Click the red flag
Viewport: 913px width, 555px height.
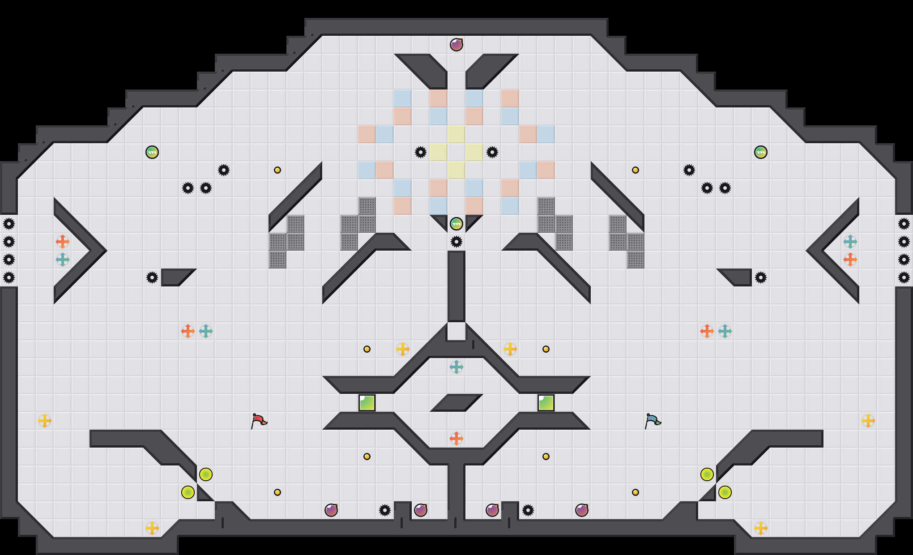tap(259, 421)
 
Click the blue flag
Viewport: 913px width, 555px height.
tap(653, 421)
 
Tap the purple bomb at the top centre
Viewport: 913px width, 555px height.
tap(456, 45)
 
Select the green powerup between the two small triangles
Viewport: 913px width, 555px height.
tap(456, 224)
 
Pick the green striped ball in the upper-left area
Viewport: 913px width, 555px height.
tap(152, 152)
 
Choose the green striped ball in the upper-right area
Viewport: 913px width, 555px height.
tap(761, 152)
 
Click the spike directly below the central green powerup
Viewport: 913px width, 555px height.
tap(456, 242)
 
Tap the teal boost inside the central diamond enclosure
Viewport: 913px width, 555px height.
tap(456, 367)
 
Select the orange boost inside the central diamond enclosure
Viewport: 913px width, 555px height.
tap(456, 439)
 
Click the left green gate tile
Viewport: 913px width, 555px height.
tap(367, 403)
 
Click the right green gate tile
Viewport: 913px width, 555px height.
tap(546, 403)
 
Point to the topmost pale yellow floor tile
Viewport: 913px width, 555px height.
tap(456, 134)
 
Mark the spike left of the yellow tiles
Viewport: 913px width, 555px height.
tap(421, 152)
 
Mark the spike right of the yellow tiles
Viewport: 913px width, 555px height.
tap(492, 152)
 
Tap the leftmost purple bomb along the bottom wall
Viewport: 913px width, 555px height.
tap(331, 510)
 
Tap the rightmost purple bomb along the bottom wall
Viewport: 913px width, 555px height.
tap(582, 510)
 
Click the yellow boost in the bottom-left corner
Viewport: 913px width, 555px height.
tap(152, 528)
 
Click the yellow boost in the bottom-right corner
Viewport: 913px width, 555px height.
tap(761, 528)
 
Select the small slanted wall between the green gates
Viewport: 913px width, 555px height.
tap(456, 402)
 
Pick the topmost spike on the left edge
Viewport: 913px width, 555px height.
tap(9, 224)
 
